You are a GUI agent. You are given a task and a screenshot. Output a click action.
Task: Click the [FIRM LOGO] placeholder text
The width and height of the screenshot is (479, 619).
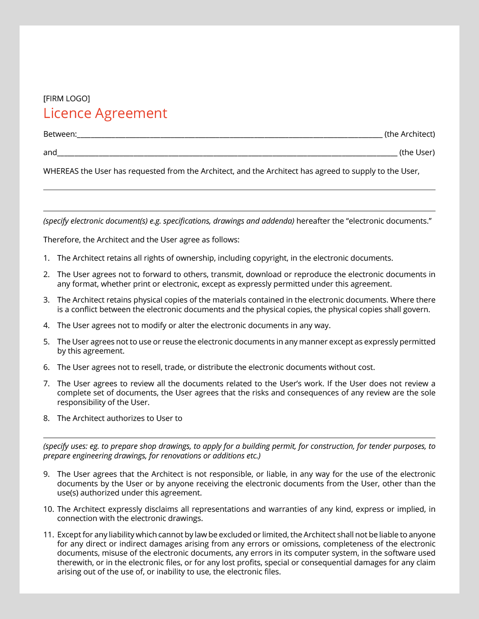pos(67,98)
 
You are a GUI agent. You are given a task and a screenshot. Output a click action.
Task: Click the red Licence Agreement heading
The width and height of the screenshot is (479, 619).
pos(105,114)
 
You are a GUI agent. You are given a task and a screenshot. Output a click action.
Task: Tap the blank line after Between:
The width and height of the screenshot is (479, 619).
pos(230,136)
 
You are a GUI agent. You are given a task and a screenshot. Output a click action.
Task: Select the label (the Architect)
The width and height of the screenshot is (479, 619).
pos(410,134)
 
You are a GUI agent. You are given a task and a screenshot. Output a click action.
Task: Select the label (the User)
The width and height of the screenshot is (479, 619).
pos(417,153)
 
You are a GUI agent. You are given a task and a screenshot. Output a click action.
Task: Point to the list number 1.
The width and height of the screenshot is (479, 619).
pos(46,258)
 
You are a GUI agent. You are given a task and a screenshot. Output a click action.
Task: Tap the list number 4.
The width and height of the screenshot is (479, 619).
pos(46,326)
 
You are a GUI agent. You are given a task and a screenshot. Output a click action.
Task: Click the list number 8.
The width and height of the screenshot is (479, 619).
pos(46,419)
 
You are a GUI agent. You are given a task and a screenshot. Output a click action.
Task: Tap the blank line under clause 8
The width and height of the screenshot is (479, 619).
pos(239,437)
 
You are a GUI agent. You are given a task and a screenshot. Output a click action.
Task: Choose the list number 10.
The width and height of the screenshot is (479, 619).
pos(48,509)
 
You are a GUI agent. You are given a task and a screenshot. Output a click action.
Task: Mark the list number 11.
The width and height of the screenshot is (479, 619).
pos(48,535)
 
